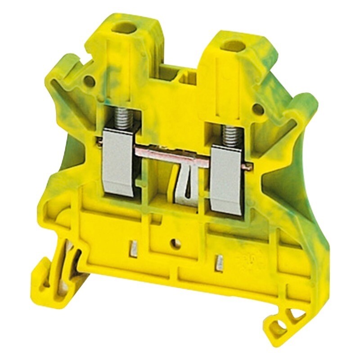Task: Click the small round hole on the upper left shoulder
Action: [90, 81]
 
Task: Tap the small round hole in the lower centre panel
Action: [175, 244]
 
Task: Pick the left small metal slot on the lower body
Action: [134, 247]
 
